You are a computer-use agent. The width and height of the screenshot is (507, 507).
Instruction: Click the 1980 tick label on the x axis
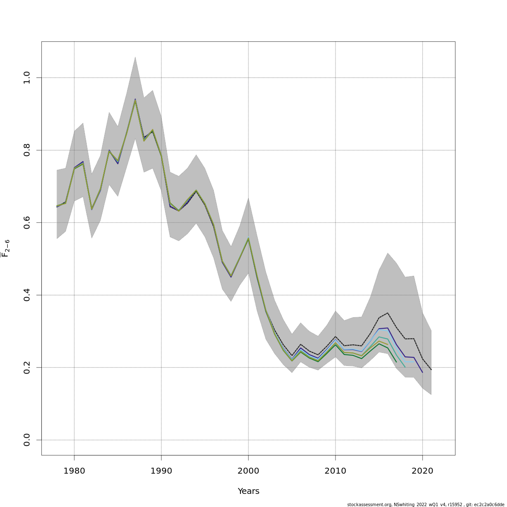(74, 471)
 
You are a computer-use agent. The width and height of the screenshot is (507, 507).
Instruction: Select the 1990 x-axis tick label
(161, 471)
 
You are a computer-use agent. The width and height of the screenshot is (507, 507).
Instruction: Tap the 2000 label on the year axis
(248, 471)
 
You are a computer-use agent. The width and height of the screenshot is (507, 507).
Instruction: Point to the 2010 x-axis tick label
(335, 471)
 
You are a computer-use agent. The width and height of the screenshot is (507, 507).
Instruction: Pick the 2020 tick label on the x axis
(422, 471)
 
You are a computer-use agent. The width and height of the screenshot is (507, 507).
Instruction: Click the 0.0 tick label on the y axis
(27, 440)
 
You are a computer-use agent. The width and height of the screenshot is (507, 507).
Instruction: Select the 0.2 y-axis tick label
(27, 368)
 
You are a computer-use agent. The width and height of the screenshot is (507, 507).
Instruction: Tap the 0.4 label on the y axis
(27, 295)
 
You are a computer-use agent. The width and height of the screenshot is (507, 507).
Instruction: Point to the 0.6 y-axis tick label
(27, 223)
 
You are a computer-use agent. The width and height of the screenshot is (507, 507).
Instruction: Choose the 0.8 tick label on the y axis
(27, 150)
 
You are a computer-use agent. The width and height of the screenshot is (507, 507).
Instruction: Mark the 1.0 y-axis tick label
(27, 78)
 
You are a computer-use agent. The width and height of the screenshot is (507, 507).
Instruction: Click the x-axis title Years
(248, 491)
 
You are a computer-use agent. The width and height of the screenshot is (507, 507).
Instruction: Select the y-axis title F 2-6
(5, 248)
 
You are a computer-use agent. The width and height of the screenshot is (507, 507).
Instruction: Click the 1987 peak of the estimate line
(135, 100)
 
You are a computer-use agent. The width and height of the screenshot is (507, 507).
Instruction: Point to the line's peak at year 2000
(248, 238)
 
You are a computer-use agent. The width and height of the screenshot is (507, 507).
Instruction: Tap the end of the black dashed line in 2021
(431, 370)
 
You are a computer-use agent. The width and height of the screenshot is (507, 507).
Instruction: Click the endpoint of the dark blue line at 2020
(422, 372)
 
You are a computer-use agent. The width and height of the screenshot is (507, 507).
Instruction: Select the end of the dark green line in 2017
(396, 362)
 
